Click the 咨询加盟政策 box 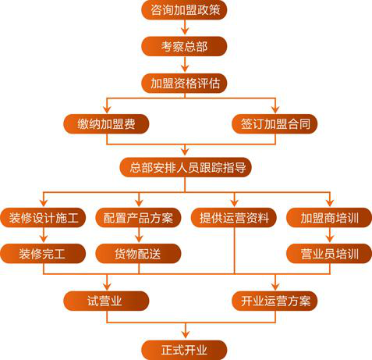(184, 9)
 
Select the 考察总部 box (184, 46)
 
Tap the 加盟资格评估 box (184, 84)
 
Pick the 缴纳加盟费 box (106, 124)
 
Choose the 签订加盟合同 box (275, 124)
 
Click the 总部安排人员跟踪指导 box (186, 167)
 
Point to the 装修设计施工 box (43, 218)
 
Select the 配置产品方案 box (138, 218)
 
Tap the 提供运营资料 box (234, 218)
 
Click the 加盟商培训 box (329, 218)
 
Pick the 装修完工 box (43, 254)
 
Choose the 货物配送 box (138, 254)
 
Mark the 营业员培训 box (329, 254)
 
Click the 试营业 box (106, 301)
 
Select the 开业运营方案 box (275, 301)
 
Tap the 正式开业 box (184, 350)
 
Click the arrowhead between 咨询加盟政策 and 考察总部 (185, 30)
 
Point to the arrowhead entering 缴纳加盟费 (107, 109)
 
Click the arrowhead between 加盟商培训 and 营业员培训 (330, 239)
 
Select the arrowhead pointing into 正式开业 (186, 334)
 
